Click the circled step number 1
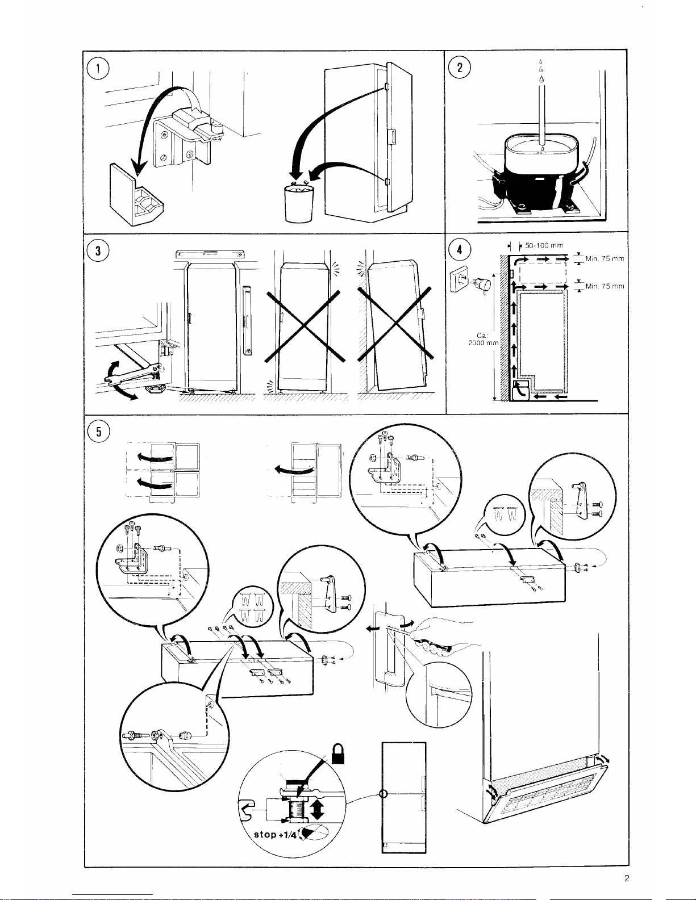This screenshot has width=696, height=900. pos(98,68)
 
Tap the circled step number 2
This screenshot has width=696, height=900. pos(460,67)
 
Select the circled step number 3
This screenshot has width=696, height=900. pos(98,250)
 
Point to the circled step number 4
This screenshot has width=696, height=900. pos(460,250)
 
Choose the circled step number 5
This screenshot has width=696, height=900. pos(99,432)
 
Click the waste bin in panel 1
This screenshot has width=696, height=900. pos(299,203)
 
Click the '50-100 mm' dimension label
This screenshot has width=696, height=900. pos(544,245)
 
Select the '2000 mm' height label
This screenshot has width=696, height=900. pos(483,343)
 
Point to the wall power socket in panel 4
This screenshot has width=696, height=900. pos(460,278)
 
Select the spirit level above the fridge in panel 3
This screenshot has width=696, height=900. pos(210,254)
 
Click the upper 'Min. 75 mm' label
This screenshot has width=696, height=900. pos(605,259)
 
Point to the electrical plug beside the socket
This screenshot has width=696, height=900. pos(483,284)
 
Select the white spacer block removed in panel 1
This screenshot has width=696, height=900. pos(136,195)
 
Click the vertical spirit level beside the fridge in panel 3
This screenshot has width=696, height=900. pos(247,321)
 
